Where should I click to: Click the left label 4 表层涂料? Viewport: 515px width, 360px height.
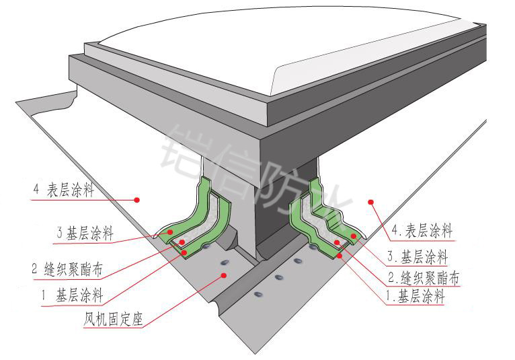pyautogui.click(x=64, y=190)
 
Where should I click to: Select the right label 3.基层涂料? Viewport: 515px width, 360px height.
pyautogui.click(x=420, y=256)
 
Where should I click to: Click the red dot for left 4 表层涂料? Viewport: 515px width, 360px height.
pyautogui.click(x=136, y=199)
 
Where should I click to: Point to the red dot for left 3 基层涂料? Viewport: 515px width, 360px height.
pyautogui.click(x=171, y=231)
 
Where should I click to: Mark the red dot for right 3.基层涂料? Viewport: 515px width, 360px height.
pyautogui.click(x=352, y=236)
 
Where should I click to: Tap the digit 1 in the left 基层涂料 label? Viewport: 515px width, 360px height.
pyautogui.click(x=43, y=294)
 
